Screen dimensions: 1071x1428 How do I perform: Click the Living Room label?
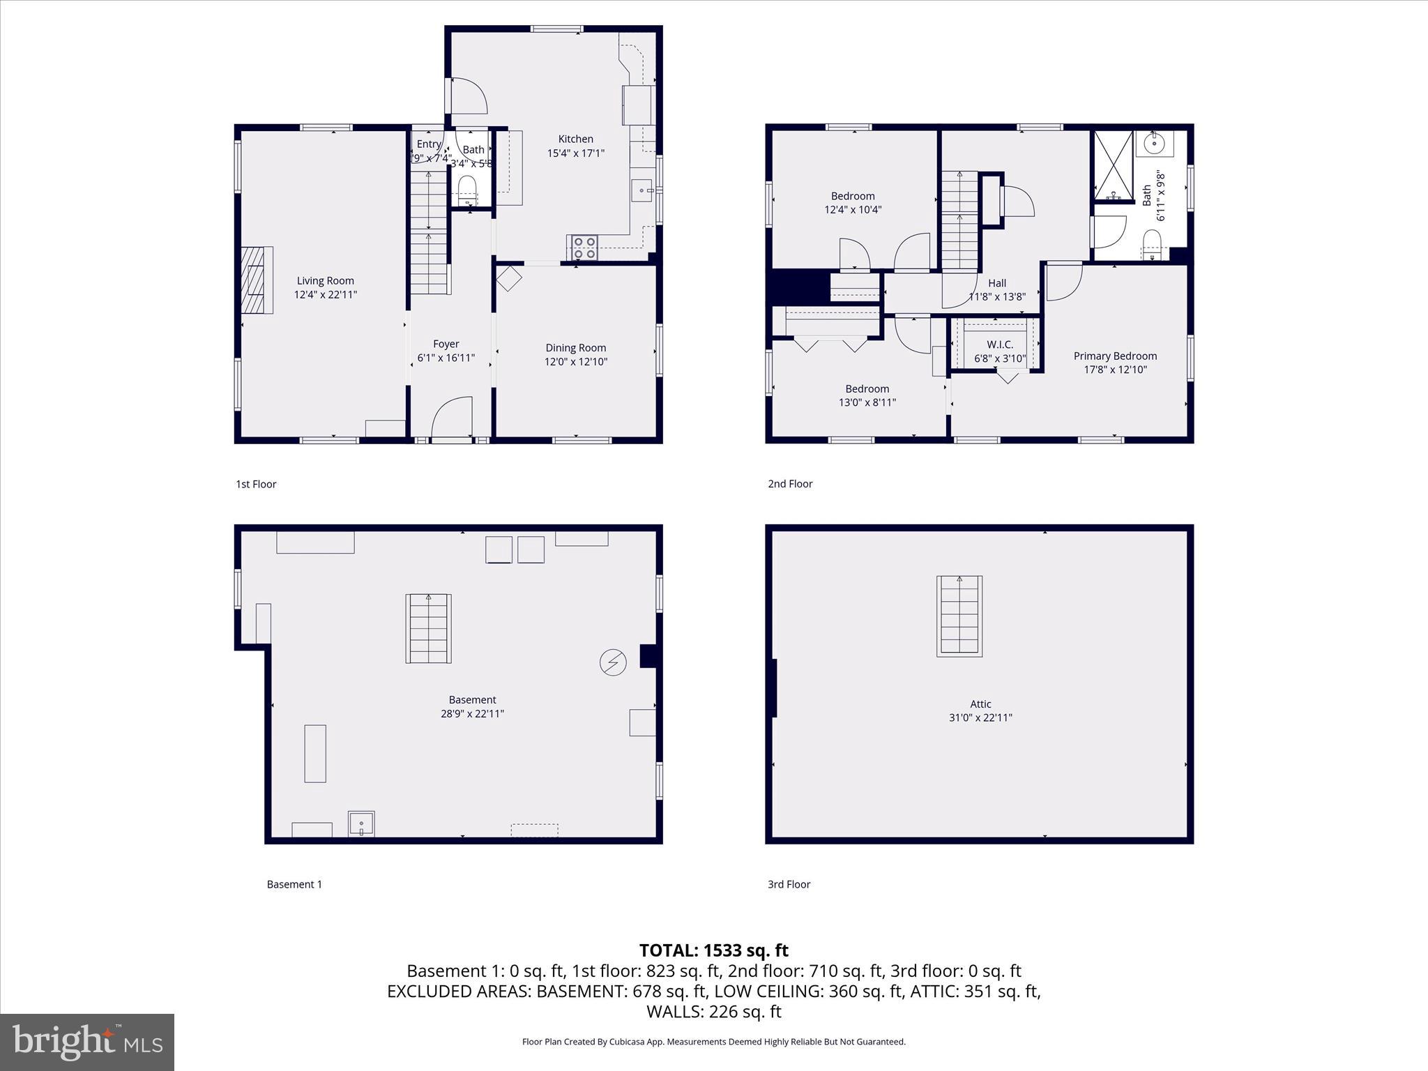pos(325,281)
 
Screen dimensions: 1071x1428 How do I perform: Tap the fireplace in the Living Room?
pos(256,280)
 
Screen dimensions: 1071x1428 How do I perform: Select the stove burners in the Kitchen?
pos(584,248)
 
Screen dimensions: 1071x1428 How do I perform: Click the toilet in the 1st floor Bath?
pos(467,189)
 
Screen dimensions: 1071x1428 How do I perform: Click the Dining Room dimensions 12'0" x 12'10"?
pos(575,362)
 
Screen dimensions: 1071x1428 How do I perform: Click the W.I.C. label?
pos(999,345)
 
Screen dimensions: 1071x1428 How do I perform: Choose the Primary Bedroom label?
pos(1114,356)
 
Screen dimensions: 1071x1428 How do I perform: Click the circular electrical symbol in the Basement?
pos(613,662)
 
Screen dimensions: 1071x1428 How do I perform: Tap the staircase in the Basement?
pos(428,628)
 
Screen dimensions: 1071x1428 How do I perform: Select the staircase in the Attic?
pos(959,616)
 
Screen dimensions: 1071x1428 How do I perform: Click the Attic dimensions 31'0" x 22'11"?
pos(980,717)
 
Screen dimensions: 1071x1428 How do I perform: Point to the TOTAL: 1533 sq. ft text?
pos(713,950)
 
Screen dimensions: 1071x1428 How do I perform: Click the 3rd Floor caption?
pos(789,884)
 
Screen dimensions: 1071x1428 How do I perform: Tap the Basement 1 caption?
pos(294,884)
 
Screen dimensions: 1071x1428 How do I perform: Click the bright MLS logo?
pos(87,1042)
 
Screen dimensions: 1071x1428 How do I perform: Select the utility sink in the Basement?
pos(361,823)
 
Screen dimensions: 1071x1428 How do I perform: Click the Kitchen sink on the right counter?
pos(641,190)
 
